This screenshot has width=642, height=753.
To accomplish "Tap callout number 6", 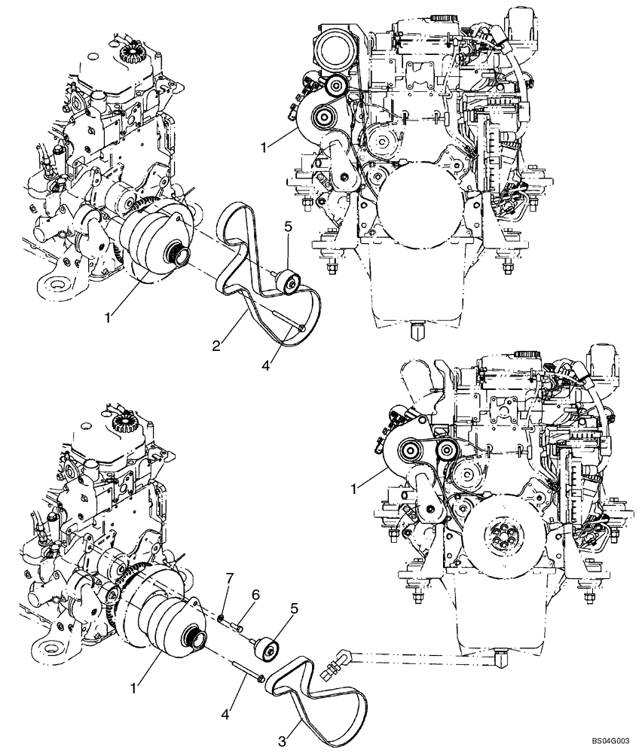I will [255, 594].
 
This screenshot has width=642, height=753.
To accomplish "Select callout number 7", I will [231, 578].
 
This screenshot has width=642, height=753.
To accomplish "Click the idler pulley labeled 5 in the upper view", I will [289, 282].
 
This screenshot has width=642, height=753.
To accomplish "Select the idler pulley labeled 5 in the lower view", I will [267, 648].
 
